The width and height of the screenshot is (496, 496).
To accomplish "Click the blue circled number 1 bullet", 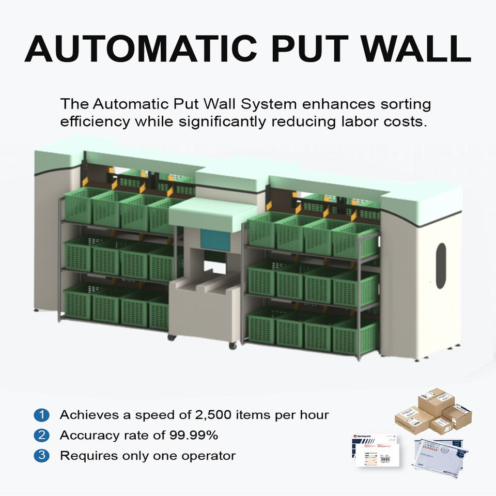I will click(x=41, y=415).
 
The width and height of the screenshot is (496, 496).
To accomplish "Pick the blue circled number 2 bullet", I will click(x=41, y=436).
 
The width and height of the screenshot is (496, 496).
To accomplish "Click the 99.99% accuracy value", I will click(x=194, y=436).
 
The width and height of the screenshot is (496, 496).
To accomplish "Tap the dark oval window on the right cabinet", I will click(x=441, y=266).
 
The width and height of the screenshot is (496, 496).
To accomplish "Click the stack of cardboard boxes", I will click(x=433, y=411).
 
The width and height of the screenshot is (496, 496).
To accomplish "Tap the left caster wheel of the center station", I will click(x=172, y=337).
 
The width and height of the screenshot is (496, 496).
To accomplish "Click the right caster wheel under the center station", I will click(x=233, y=345).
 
